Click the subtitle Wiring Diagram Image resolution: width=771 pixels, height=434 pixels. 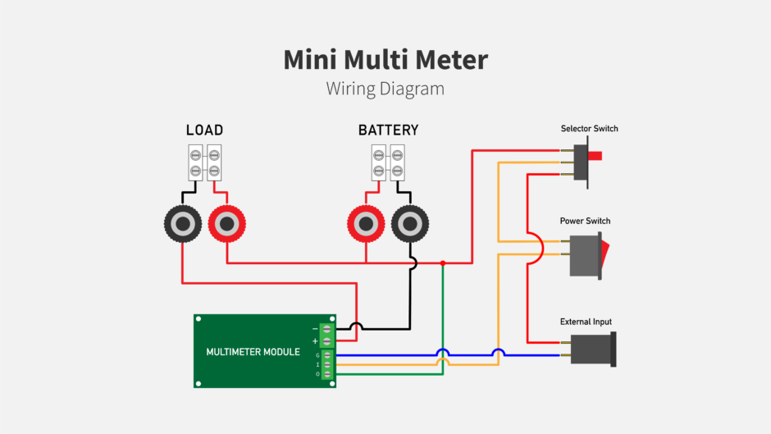coord(385,88)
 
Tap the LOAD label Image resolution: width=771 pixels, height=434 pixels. coord(204,130)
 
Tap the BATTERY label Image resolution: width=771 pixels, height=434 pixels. coord(388,130)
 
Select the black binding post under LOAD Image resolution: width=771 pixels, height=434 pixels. coord(183,223)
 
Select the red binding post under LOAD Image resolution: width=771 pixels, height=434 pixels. coord(226,223)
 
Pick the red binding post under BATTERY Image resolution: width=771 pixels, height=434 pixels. coord(365,223)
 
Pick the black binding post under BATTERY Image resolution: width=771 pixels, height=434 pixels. coord(408,223)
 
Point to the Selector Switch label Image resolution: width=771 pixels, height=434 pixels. coord(589,129)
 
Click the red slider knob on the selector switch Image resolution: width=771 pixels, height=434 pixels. coord(595,155)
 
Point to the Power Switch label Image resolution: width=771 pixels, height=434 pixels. coord(585,222)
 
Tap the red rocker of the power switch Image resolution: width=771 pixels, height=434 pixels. coord(605,254)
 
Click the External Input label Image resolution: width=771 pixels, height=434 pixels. coord(586,322)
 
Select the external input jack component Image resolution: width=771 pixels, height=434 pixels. coord(592,349)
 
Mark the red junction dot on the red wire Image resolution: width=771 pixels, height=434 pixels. coord(443,263)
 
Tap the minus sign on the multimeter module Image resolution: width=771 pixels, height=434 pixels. coord(315,329)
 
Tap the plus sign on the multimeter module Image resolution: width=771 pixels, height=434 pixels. coord(315,340)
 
